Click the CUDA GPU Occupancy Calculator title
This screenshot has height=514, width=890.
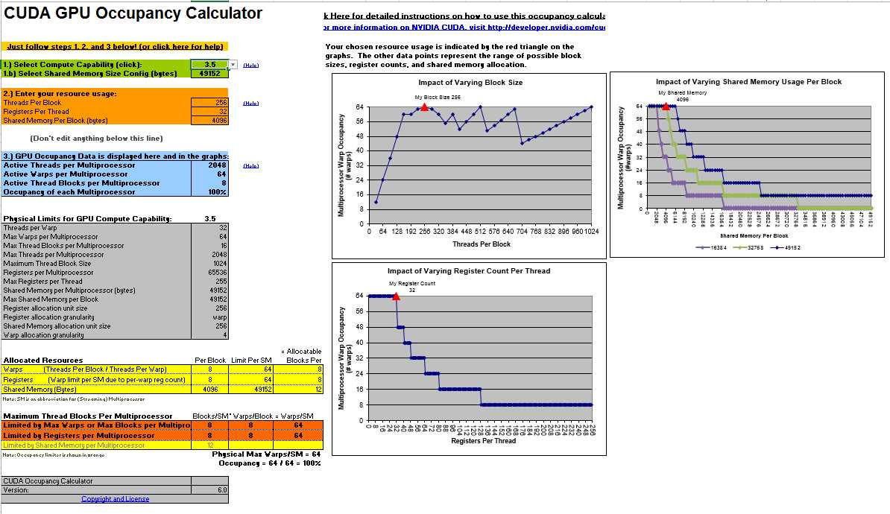133,13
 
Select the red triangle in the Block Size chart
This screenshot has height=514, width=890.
424,107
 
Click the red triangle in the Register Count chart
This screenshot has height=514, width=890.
395,296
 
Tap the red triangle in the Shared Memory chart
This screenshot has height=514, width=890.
666,107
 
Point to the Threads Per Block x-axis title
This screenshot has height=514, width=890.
481,244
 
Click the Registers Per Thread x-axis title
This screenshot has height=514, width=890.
482,441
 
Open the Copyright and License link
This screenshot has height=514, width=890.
115,499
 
